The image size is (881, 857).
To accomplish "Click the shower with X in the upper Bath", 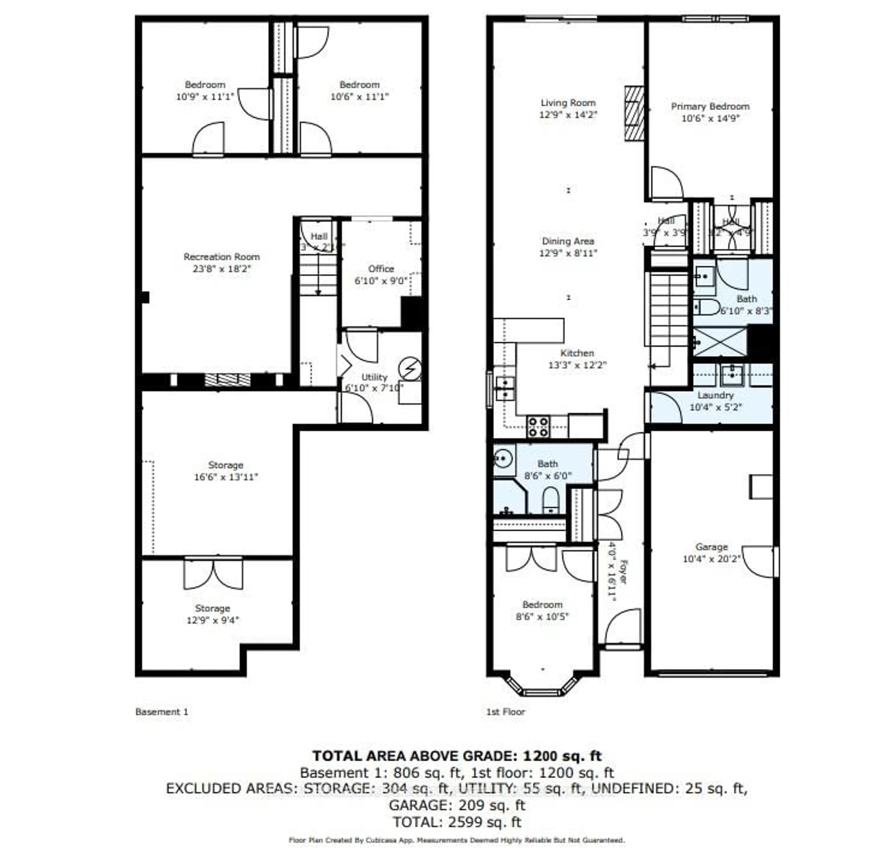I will [x=719, y=342].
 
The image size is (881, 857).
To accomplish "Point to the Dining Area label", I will [x=568, y=241].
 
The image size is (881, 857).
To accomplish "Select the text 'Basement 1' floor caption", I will [x=162, y=712].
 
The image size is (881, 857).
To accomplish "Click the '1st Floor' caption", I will [x=505, y=712].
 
